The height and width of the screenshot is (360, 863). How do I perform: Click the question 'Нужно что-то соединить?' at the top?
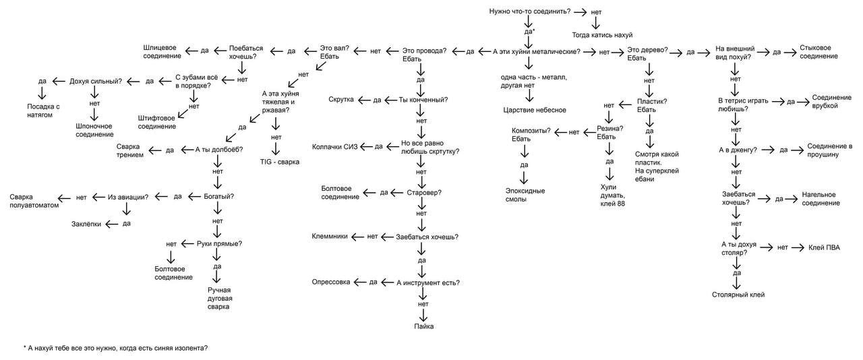tap(529, 12)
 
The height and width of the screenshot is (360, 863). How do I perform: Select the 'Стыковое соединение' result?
tap(819, 52)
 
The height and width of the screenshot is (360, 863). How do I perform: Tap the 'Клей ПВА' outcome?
tap(823, 247)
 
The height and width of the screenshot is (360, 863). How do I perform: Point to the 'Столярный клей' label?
tap(738, 295)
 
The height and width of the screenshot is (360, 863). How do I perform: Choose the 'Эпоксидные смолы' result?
tap(525, 195)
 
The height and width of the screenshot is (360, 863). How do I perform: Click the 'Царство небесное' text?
tap(534, 110)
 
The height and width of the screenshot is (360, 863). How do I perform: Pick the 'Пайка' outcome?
tap(424, 326)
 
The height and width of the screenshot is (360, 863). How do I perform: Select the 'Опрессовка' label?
tap(330, 282)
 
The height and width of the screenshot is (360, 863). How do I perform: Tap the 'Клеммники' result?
tap(330, 237)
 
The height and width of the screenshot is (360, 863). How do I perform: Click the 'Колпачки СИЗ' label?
tap(334, 146)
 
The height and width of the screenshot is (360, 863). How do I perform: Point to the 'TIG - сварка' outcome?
tap(279, 162)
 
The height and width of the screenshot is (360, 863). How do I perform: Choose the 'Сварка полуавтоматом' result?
tap(30, 201)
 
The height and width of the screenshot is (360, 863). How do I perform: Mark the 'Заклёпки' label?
tap(87, 224)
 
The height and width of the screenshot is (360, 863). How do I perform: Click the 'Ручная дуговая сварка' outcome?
tap(218, 298)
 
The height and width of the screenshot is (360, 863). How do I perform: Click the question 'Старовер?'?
tap(425, 192)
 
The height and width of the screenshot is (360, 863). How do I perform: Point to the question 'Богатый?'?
tap(219, 197)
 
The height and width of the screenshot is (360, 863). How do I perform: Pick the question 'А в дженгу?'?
tap(739, 150)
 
